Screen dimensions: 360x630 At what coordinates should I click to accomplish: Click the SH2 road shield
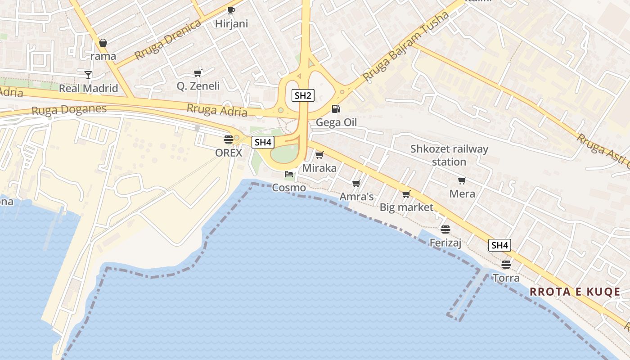coord(303,95)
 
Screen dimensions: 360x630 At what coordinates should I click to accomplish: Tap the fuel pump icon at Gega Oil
coord(336,109)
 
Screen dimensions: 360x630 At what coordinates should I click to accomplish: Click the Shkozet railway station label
coord(449,155)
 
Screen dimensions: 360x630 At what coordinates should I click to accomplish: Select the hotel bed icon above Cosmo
coord(289,174)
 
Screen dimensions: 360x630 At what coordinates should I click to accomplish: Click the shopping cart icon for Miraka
coord(319,155)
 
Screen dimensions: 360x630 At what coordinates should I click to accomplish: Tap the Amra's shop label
coord(356,197)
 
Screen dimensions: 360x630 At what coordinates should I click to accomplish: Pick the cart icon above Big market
coord(406,194)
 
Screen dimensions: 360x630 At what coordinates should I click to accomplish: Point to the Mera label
coord(462,194)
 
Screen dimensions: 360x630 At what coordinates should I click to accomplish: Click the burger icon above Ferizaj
coord(445,229)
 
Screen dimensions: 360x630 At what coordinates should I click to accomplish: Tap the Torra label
coord(506,278)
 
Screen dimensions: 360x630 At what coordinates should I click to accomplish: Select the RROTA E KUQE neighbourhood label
coord(575,292)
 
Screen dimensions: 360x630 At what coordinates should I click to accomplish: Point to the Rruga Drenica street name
coord(167,40)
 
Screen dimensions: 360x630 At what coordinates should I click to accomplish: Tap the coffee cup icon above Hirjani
coord(231,10)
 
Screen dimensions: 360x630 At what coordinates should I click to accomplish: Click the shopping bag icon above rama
coord(103,43)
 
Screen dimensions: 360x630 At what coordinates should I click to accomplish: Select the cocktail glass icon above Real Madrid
coord(88,75)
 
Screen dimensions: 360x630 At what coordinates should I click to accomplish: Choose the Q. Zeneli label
coord(198,86)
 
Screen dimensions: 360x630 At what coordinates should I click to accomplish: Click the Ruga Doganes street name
coord(69,109)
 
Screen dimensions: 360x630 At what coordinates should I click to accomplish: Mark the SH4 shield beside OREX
coord(263,143)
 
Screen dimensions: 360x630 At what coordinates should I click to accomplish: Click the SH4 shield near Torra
coord(499,245)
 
